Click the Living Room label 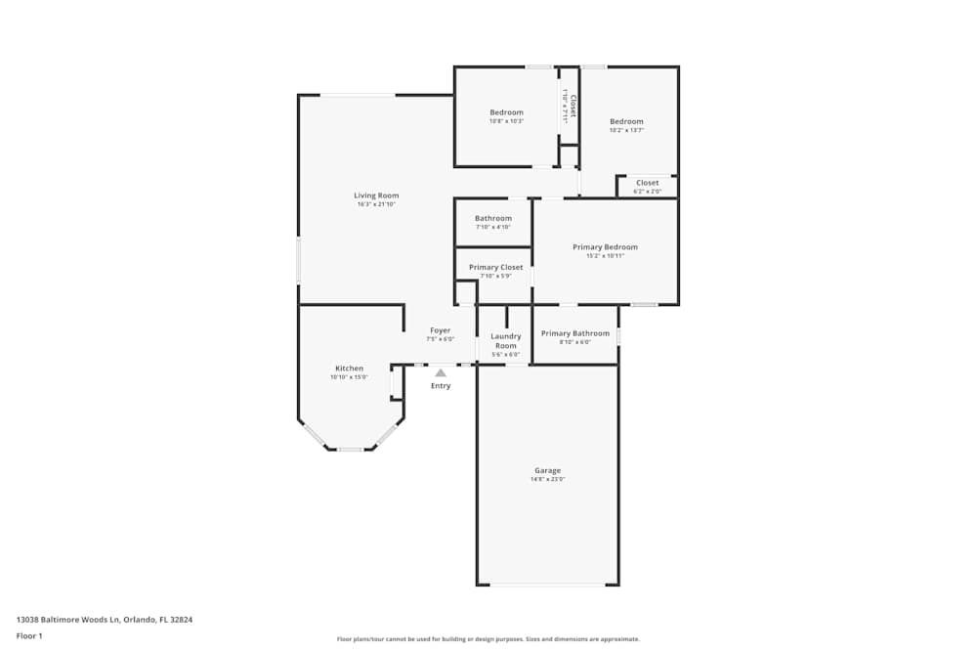(x=376, y=196)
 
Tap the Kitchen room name (x=349, y=369)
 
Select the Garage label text (x=547, y=470)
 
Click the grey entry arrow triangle (x=441, y=372)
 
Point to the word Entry (x=441, y=386)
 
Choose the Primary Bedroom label (x=605, y=247)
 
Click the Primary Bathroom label (x=574, y=333)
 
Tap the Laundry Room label (x=505, y=341)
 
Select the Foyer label (x=441, y=330)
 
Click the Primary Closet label (x=495, y=267)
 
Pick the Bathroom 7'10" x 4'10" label (x=492, y=218)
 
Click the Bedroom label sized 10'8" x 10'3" (x=506, y=112)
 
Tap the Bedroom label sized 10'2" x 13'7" (x=626, y=121)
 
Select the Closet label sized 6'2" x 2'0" (x=647, y=183)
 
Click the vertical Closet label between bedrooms (x=573, y=106)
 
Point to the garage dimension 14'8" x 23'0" (x=547, y=480)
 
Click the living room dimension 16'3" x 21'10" (x=376, y=205)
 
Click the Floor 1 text (x=29, y=635)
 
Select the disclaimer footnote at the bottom (x=488, y=639)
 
